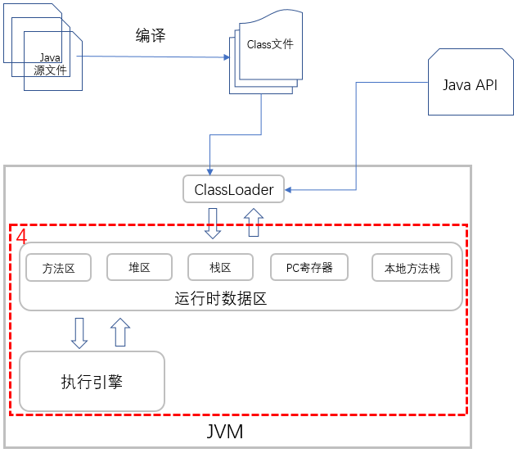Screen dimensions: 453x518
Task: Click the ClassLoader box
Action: [233, 189]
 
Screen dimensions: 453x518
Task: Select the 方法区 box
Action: [58, 268]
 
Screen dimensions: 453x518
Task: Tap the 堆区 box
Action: [139, 267]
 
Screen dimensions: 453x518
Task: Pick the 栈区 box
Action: [220, 267]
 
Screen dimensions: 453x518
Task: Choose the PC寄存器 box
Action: [309, 267]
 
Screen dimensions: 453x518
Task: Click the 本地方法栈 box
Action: [412, 268]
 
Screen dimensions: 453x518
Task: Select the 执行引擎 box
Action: [92, 381]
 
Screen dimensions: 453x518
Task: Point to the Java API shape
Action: [469, 85]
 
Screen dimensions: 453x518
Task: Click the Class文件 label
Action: [270, 45]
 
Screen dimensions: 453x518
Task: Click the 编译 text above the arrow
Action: [151, 36]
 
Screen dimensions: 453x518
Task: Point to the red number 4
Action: [22, 236]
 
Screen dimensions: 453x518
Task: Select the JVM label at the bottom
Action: [223, 431]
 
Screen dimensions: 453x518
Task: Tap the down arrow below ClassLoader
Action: [213, 223]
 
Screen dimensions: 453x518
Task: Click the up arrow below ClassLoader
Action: [254, 222]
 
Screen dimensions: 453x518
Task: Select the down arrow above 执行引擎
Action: [79, 333]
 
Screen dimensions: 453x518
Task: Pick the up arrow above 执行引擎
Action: [119, 332]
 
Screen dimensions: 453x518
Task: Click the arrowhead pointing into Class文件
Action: [226, 57]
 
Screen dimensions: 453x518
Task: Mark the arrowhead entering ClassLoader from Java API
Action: [289, 191]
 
